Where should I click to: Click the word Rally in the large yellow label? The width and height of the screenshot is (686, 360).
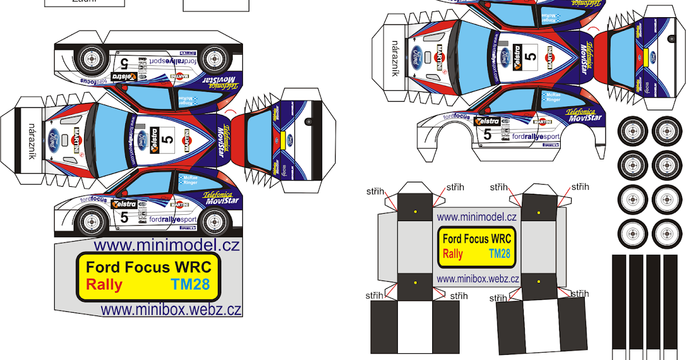[104, 284]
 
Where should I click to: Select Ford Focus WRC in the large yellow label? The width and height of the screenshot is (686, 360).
[148, 267]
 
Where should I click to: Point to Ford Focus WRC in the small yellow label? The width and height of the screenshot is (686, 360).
[477, 239]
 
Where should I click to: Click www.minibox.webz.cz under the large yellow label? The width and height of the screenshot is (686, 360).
[171, 310]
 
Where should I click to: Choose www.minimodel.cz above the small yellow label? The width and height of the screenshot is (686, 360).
[477, 217]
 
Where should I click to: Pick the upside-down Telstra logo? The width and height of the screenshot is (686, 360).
[123, 75]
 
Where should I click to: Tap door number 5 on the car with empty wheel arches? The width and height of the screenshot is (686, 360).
[487, 134]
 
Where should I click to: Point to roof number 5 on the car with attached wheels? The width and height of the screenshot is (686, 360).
[167, 139]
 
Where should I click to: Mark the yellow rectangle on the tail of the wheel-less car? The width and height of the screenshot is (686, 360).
[645, 56]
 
